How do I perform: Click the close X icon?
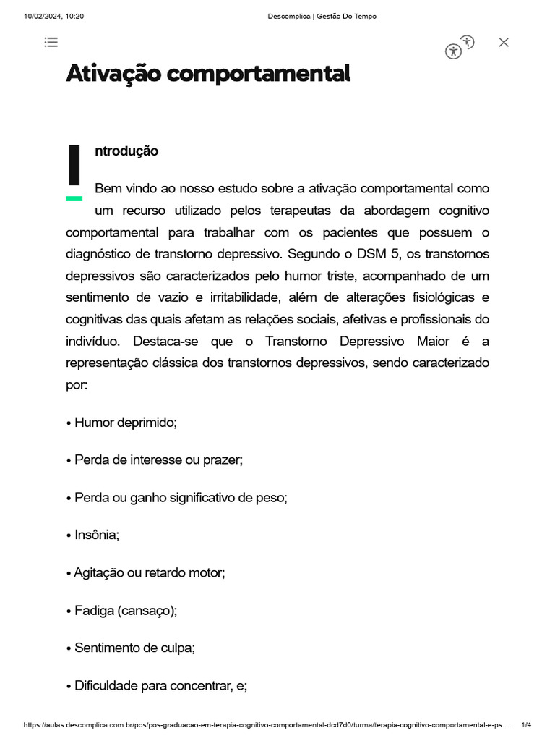point(504,42)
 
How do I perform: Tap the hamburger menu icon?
point(51,42)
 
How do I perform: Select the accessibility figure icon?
point(454,51)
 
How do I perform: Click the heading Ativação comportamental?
point(208,73)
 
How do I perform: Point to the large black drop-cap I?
point(74,165)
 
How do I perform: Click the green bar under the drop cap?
point(74,198)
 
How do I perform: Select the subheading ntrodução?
point(126,151)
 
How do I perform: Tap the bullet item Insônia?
point(96,535)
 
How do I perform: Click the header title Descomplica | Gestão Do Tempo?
point(322,16)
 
